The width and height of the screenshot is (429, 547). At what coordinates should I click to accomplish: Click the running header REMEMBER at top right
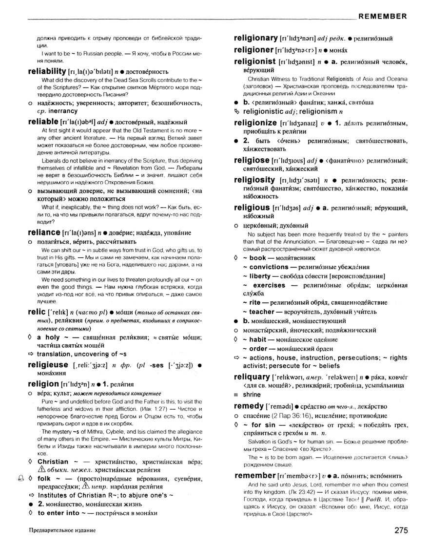[x=382, y=16]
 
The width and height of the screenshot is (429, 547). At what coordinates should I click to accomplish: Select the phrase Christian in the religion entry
[x=53, y=462]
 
